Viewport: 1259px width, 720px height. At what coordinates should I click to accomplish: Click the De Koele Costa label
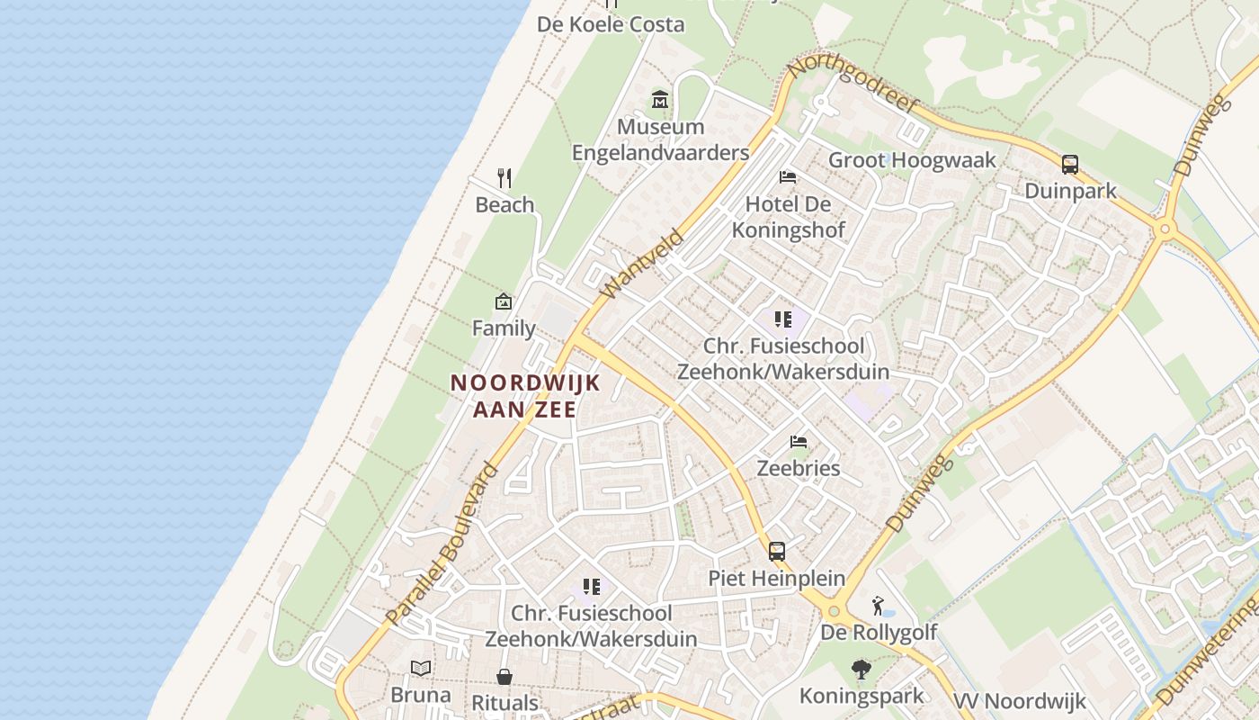click(611, 24)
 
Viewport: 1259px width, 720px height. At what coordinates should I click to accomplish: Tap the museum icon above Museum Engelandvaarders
click(660, 99)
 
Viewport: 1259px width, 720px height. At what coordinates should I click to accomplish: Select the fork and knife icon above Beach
click(504, 178)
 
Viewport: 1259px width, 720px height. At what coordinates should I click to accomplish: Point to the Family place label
click(504, 328)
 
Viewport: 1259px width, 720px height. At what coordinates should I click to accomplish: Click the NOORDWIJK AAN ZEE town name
click(525, 396)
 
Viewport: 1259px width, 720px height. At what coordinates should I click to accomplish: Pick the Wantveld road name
click(642, 265)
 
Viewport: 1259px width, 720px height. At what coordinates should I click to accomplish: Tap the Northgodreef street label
click(853, 84)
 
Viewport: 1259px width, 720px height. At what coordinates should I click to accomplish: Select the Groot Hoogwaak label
click(912, 160)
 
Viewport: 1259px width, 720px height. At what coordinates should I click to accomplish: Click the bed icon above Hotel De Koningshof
click(788, 176)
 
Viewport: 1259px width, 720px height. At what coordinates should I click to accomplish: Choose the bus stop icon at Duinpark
click(1070, 165)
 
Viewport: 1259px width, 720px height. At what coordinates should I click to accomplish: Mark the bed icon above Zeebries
click(798, 442)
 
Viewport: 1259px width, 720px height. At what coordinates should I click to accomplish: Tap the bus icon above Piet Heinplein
click(777, 552)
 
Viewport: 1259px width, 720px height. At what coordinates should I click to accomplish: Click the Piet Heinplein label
click(777, 578)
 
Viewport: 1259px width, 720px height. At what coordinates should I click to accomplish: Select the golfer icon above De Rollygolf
click(878, 606)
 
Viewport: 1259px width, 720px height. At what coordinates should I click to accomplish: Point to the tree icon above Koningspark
click(862, 670)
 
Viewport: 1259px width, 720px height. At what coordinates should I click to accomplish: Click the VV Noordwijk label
click(1020, 701)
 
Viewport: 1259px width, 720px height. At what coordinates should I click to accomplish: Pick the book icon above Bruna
click(421, 668)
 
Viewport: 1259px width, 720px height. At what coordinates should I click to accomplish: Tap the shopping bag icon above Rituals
click(504, 676)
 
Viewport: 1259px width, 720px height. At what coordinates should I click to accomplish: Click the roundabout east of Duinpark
click(1165, 229)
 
